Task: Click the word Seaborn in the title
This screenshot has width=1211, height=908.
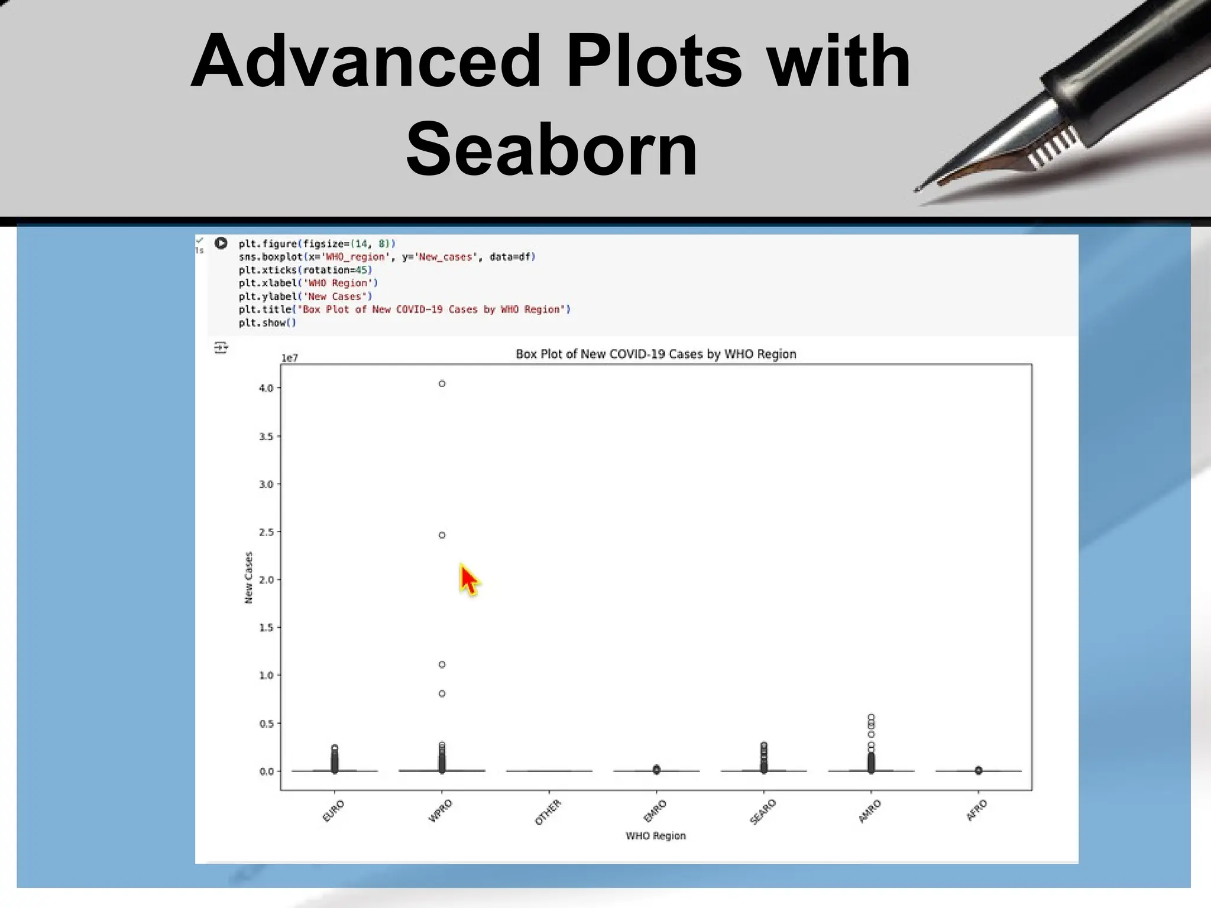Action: pyautogui.click(x=552, y=149)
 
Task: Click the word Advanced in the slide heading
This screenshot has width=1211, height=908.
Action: pyautogui.click(x=365, y=61)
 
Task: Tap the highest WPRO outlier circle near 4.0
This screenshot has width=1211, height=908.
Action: pyautogui.click(x=442, y=384)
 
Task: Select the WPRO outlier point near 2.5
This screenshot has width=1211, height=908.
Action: pyautogui.click(x=442, y=535)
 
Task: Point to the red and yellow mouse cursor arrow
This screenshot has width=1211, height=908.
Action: pyautogui.click(x=468, y=579)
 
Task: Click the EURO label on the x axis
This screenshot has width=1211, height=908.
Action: pyautogui.click(x=333, y=810)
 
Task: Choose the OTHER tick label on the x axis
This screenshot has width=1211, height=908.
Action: pyautogui.click(x=548, y=812)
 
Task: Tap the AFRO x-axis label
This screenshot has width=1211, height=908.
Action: pyautogui.click(x=977, y=810)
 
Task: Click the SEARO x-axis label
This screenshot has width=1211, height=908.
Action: pyautogui.click(x=762, y=812)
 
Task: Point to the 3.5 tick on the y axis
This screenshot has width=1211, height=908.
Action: pyautogui.click(x=266, y=436)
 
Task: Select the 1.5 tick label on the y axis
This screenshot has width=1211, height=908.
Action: pyautogui.click(x=266, y=627)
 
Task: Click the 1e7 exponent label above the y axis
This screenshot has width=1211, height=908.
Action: pyautogui.click(x=289, y=358)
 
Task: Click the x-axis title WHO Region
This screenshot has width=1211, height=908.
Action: pyautogui.click(x=655, y=835)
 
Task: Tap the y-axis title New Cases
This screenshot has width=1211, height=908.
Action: pyautogui.click(x=248, y=578)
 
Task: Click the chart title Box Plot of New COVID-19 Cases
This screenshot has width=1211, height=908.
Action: pyautogui.click(x=655, y=354)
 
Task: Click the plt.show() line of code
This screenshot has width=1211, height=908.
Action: pyautogui.click(x=267, y=323)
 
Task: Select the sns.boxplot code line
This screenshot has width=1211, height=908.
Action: pyautogui.click(x=387, y=257)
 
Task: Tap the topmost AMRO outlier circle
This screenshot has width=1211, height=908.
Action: pyautogui.click(x=871, y=717)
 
